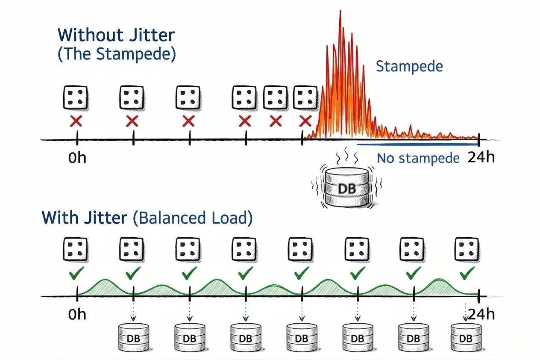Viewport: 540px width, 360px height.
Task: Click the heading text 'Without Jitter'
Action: point(116,35)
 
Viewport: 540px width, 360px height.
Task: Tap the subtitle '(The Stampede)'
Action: point(116,55)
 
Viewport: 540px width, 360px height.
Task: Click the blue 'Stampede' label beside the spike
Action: point(409,66)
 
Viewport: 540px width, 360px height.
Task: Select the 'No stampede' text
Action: point(418,159)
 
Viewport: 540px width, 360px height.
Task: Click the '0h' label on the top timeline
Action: point(77,158)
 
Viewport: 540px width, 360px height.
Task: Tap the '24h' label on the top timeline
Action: point(481,157)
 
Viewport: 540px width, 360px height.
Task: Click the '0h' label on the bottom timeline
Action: point(77,315)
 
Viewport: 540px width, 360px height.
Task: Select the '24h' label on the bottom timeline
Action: point(481,315)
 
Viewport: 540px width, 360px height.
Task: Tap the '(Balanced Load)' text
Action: point(192,218)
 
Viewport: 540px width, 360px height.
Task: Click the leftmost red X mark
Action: point(76,121)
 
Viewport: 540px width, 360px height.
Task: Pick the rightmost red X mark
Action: point(305,121)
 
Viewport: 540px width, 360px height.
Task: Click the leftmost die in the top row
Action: point(76,97)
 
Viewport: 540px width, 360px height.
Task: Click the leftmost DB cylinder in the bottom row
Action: point(133,337)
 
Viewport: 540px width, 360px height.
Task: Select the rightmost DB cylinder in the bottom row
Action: point(466,337)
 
